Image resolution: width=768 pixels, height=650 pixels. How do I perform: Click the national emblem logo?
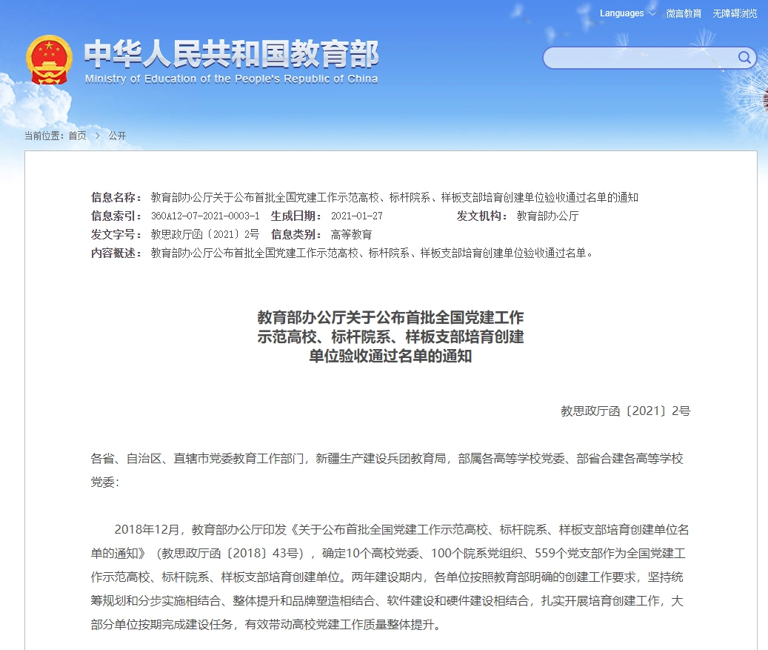[x=50, y=60]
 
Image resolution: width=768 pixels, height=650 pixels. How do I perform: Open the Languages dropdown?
[x=627, y=13]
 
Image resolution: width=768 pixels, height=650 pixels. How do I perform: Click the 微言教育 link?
[x=684, y=13]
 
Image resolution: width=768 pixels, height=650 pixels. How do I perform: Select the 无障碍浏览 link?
[x=735, y=13]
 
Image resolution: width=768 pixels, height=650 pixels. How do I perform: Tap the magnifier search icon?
[x=744, y=58]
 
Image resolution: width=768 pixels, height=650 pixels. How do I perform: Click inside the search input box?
[x=641, y=58]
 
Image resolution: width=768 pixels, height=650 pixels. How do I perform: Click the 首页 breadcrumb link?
[x=77, y=136]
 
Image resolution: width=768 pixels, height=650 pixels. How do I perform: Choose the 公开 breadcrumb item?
[x=117, y=136]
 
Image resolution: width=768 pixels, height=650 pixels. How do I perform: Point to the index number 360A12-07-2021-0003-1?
[x=205, y=216]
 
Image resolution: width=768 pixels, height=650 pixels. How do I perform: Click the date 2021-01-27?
[x=357, y=216]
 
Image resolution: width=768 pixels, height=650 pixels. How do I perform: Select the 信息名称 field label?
[x=116, y=197]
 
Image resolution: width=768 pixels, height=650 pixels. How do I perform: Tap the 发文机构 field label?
[x=482, y=216]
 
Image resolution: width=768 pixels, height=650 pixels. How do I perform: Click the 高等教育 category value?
[x=351, y=234]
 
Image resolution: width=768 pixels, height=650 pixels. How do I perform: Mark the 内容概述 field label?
[x=116, y=253]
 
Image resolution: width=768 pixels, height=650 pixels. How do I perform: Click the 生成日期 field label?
[x=296, y=216]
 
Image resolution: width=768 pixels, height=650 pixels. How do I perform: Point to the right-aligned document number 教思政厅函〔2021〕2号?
[x=625, y=411]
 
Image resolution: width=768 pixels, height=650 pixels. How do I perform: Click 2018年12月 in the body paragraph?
[x=147, y=530]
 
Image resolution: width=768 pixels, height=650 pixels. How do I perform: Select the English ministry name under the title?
[x=231, y=79]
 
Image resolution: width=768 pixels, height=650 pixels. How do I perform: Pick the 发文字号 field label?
[x=116, y=234]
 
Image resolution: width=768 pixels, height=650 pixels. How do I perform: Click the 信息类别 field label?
[x=296, y=234]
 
